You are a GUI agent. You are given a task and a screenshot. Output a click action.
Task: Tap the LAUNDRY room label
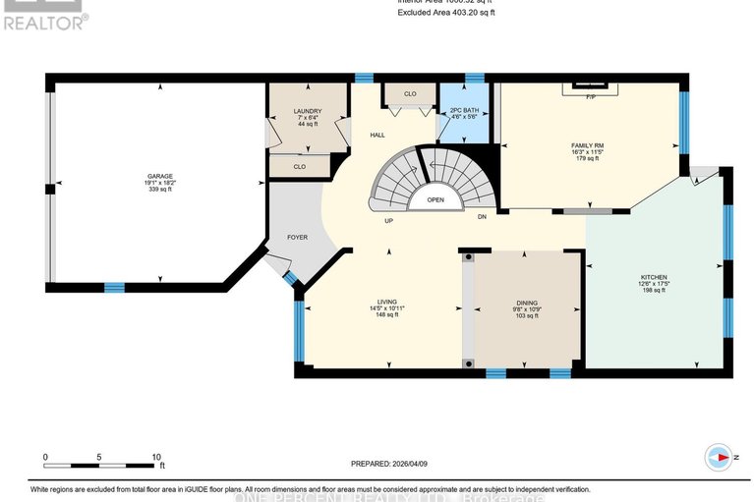[x=308, y=112]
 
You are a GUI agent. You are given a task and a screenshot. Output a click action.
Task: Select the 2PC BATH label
[x=463, y=109]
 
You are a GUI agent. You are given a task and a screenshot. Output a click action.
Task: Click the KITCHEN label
[x=654, y=278]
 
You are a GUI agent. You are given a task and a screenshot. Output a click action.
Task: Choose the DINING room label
[x=527, y=304]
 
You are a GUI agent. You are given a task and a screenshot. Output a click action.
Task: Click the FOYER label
[x=297, y=237]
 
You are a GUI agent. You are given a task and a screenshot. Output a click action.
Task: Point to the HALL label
[x=377, y=135]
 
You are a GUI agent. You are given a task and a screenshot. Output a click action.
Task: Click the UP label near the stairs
[x=389, y=220]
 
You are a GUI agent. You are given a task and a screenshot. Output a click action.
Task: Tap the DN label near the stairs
[x=482, y=216]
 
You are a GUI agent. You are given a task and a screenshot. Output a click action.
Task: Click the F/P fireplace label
[x=591, y=98]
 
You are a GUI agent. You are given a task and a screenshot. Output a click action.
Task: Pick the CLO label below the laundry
[x=300, y=167]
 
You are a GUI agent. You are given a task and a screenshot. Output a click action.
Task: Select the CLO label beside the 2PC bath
[x=411, y=94]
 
